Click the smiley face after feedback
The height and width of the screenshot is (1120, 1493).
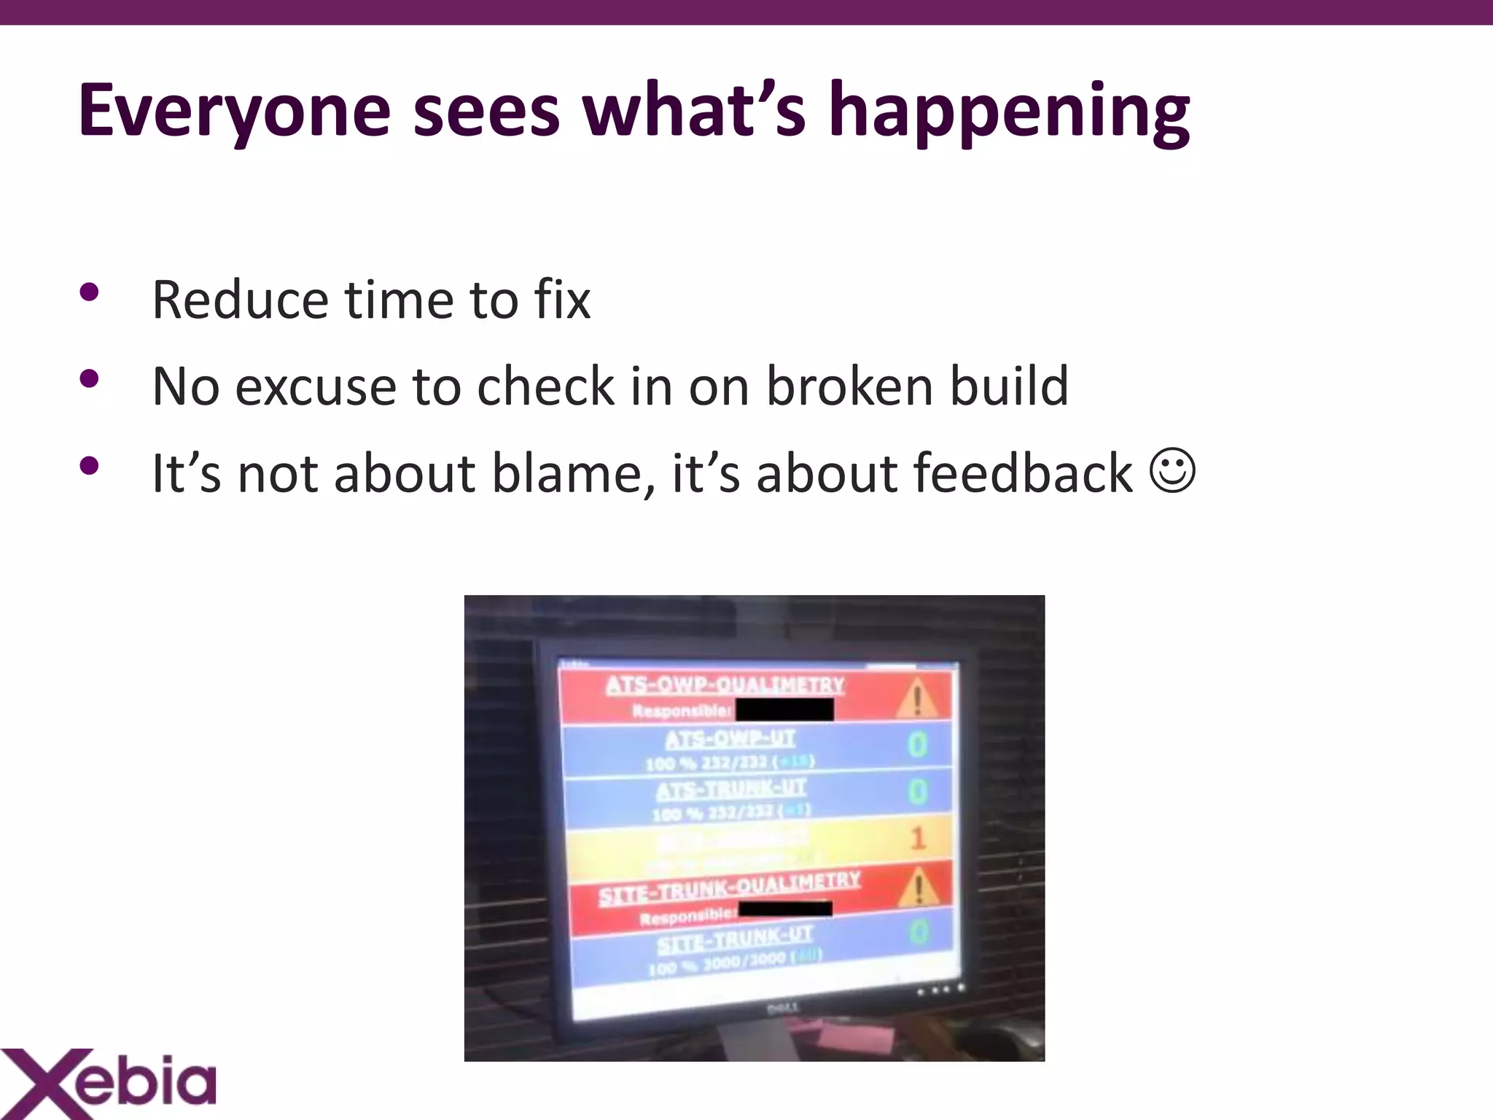[x=1172, y=472]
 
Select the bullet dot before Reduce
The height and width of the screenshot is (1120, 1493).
[x=89, y=293]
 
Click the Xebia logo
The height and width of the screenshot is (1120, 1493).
[x=109, y=1082]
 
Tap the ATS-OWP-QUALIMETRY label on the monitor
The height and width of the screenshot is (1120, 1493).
[x=725, y=685]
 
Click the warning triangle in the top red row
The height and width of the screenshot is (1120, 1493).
[x=918, y=698]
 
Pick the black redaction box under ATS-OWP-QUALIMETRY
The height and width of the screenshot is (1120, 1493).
[x=784, y=709]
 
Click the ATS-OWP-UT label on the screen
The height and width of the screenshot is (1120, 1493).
[x=730, y=739]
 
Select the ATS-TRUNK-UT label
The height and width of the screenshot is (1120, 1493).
[x=730, y=789]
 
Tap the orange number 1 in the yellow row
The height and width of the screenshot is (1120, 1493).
[x=918, y=838]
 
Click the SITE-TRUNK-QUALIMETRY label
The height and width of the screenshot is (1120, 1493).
[x=729, y=889]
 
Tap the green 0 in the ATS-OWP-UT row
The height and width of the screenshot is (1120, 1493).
[x=918, y=745]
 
